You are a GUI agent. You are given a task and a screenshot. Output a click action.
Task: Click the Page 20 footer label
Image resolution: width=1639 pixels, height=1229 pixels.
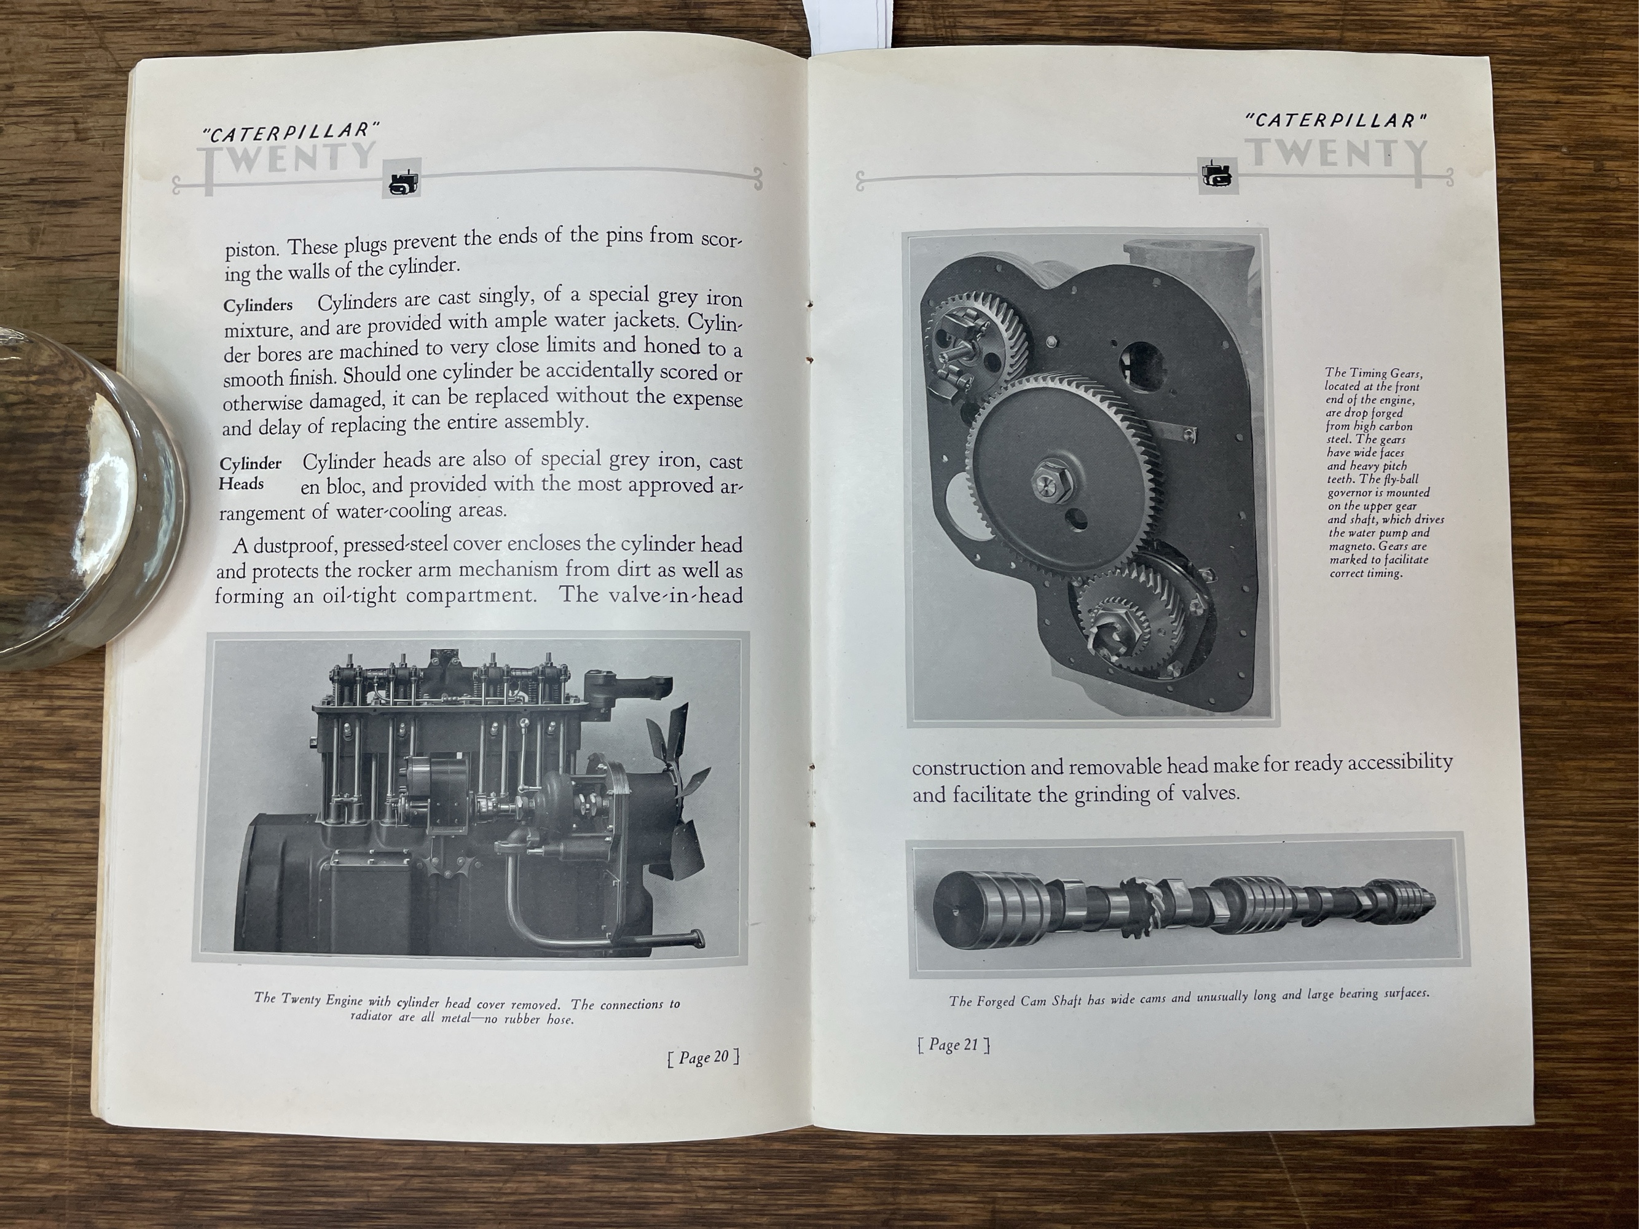(703, 1057)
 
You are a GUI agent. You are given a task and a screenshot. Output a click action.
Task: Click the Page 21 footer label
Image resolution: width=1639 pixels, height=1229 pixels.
(954, 1045)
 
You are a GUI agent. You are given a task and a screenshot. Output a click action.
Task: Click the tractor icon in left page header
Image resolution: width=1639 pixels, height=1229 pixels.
(403, 179)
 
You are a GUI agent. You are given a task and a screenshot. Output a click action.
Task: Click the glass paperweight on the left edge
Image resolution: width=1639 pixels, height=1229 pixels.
(82, 497)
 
